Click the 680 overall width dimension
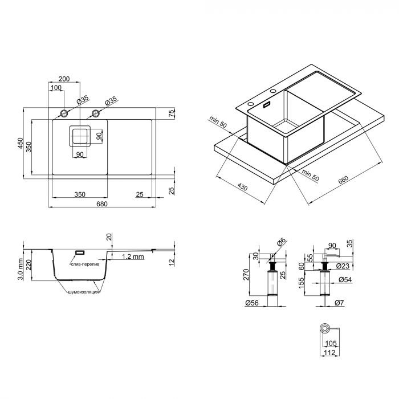pyautogui.click(x=102, y=204)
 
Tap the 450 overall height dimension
pyautogui.click(x=21, y=143)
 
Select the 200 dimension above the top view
pyautogui.click(x=64, y=79)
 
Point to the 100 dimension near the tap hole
pyautogui.click(x=56, y=88)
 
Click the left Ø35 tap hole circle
pyautogui.click(x=64, y=113)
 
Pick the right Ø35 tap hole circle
pyautogui.click(x=95, y=113)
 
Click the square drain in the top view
pyautogui.click(x=80, y=136)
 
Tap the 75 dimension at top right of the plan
pyautogui.click(x=172, y=113)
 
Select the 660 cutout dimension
pyautogui.click(x=343, y=180)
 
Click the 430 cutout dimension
pyautogui.click(x=242, y=187)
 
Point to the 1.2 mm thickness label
pyautogui.click(x=133, y=256)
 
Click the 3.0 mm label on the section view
pyautogui.click(x=21, y=269)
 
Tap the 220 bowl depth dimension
pyautogui.click(x=28, y=265)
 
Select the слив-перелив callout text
pyautogui.click(x=85, y=264)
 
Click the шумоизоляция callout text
pyautogui.click(x=83, y=292)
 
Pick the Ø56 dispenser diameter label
pyautogui.click(x=252, y=303)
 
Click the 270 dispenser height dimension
pyautogui.click(x=246, y=275)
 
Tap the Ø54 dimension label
pyautogui.click(x=345, y=280)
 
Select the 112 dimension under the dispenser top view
pyautogui.click(x=329, y=353)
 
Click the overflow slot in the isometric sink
pyautogui.click(x=267, y=104)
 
